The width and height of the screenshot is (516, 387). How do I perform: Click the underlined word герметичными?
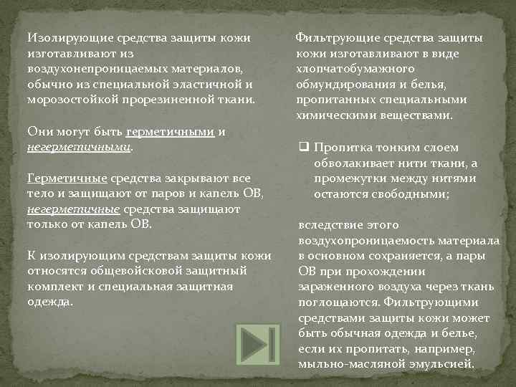(170, 132)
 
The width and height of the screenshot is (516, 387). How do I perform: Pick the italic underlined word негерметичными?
(80, 146)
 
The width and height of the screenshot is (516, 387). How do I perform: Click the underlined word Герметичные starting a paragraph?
(67, 178)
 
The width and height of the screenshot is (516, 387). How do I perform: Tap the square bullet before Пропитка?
(303, 148)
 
